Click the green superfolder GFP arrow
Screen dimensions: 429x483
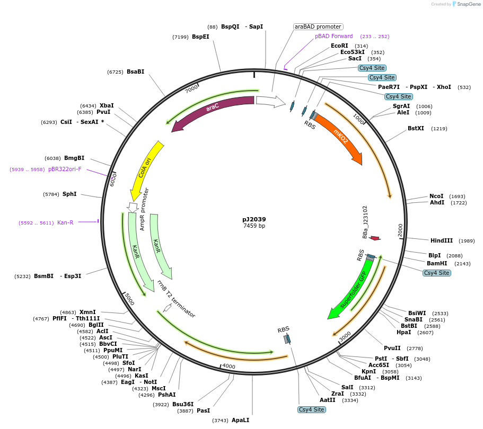point(350,289)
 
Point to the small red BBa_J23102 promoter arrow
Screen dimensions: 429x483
point(375,238)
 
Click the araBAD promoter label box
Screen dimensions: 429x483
point(318,26)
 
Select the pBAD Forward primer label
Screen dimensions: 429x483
point(333,37)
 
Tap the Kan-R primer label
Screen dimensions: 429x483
point(65,222)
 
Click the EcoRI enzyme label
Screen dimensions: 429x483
point(339,46)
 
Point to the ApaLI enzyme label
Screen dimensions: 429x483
point(240,420)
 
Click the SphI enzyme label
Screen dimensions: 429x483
point(69,194)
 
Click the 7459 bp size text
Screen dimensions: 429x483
point(254,226)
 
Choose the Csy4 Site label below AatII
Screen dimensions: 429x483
point(312,409)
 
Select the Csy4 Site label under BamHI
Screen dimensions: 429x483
point(437,273)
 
